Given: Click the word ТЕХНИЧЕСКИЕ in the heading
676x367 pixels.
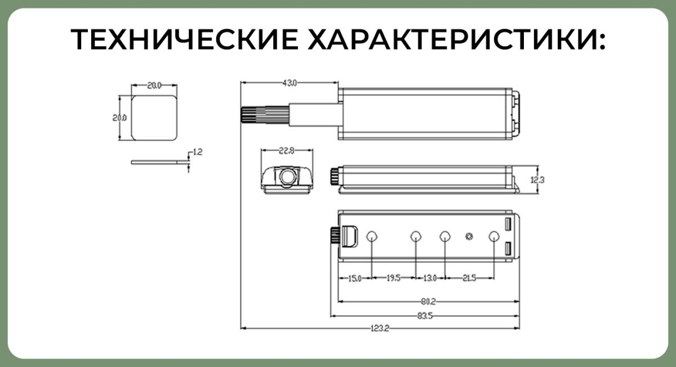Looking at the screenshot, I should [x=185, y=40].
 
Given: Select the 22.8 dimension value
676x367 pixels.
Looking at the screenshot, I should [x=287, y=151].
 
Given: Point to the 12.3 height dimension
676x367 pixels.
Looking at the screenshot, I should [x=544, y=180].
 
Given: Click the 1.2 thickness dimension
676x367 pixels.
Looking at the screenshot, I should [x=197, y=152].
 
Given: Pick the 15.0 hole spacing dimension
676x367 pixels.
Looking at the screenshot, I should [x=354, y=278].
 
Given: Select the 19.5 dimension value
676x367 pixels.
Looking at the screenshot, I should [x=393, y=278].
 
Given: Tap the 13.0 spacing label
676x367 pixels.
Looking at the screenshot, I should [x=430, y=278].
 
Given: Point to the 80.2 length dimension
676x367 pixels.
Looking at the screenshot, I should [x=429, y=302].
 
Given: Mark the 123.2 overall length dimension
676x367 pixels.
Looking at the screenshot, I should [x=380, y=328].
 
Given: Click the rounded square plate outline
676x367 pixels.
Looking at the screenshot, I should [x=154, y=117].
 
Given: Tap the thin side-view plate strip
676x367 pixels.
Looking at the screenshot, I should [x=159, y=162].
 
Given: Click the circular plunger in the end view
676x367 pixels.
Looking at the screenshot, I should [x=287, y=176].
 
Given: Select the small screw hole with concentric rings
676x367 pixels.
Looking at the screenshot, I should [x=469, y=236].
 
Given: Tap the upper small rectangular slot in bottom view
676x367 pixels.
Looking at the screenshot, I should [x=508, y=224].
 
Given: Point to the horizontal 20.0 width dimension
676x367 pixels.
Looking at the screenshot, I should [x=154, y=86].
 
